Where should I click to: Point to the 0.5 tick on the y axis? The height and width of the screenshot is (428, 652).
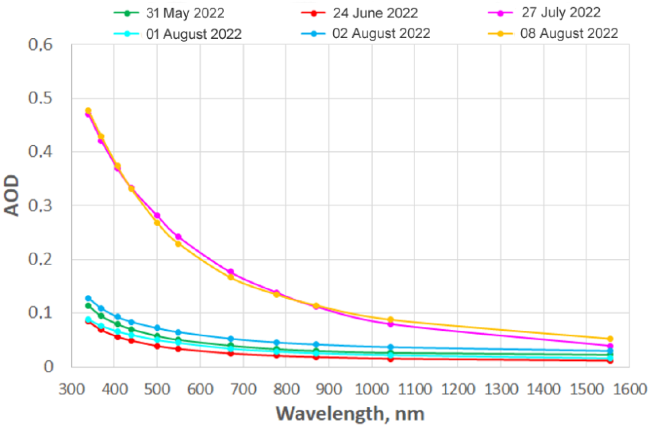pos(40,98)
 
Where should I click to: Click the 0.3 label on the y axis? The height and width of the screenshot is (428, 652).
pos(40,205)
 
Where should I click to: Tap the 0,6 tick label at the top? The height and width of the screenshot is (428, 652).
pos(40,45)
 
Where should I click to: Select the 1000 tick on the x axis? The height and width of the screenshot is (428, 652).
pos(371,389)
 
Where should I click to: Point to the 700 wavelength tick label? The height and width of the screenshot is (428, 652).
pos(243,389)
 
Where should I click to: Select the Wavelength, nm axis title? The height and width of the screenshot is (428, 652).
pos(350,414)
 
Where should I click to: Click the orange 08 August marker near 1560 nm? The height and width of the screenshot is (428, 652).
pos(610,339)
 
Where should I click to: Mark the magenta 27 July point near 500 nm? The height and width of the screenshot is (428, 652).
pos(157,215)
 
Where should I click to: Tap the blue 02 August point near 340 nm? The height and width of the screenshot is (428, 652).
pos(88,298)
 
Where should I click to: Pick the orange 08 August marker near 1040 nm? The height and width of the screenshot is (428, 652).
pos(391,320)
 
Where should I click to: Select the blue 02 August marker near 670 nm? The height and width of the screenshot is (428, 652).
pos(231,339)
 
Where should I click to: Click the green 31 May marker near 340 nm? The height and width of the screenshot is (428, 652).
pos(88,306)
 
